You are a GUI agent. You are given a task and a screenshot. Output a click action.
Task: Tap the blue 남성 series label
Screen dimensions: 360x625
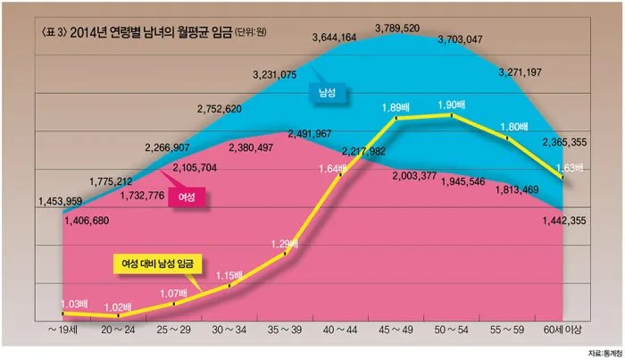[329, 91]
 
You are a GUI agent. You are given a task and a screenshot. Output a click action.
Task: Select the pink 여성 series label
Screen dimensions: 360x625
[187, 195]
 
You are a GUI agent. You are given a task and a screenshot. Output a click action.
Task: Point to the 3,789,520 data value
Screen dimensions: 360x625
[398, 29]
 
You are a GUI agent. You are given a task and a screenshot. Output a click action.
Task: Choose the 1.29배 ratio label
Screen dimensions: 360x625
[283, 242]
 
